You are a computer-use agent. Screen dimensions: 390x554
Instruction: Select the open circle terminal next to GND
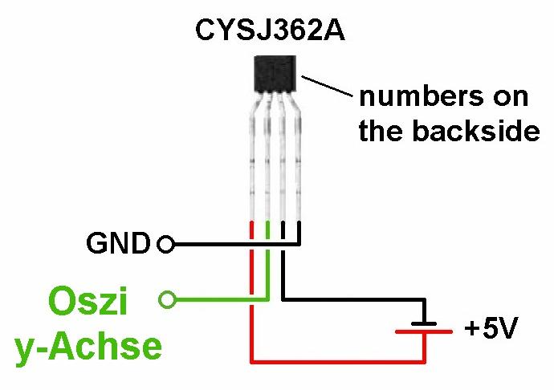[166, 243]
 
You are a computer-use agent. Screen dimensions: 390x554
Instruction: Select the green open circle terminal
[166, 300]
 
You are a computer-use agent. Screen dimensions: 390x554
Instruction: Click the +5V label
[491, 329]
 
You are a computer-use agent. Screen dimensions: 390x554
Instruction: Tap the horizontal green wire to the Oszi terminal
[217, 301]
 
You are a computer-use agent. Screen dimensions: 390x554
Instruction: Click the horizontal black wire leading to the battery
[353, 300]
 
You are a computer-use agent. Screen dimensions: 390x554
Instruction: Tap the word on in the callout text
[511, 97]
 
